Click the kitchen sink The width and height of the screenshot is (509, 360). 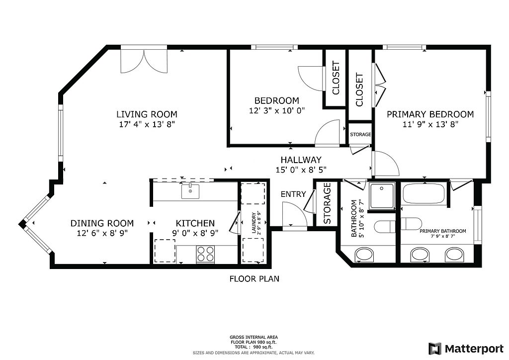[x=190, y=191]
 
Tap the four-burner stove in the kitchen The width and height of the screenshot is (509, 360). [x=205, y=254]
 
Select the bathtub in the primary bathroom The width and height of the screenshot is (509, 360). [x=424, y=194]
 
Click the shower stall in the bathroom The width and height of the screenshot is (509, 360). [x=382, y=195]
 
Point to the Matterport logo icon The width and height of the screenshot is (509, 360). [x=435, y=349]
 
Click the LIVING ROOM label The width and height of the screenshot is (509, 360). [x=147, y=114]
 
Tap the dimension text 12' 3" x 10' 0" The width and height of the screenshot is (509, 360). [x=277, y=111]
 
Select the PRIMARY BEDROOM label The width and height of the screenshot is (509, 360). [x=430, y=114]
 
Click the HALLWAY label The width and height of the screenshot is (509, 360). [x=301, y=160]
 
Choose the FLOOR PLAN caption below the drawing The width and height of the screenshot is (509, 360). [x=254, y=279]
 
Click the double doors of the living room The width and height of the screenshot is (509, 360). [x=144, y=61]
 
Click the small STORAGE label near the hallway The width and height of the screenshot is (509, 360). [x=360, y=134]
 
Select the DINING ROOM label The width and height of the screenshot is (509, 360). [x=102, y=223]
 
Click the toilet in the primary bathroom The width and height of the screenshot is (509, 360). [x=411, y=224]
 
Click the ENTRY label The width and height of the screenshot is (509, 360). [x=293, y=194]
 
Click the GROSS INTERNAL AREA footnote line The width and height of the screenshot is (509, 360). [x=254, y=337]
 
